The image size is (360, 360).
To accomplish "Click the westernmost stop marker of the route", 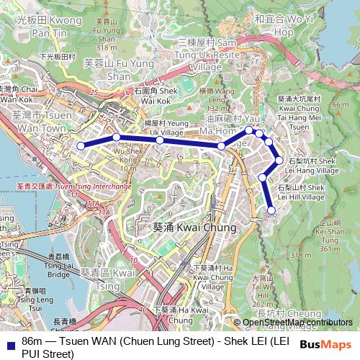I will (81, 145).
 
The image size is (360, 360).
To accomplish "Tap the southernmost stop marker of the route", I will (271, 210).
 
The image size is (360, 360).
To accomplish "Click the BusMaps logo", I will (325, 344).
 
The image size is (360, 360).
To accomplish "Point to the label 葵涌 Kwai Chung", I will (184, 228).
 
